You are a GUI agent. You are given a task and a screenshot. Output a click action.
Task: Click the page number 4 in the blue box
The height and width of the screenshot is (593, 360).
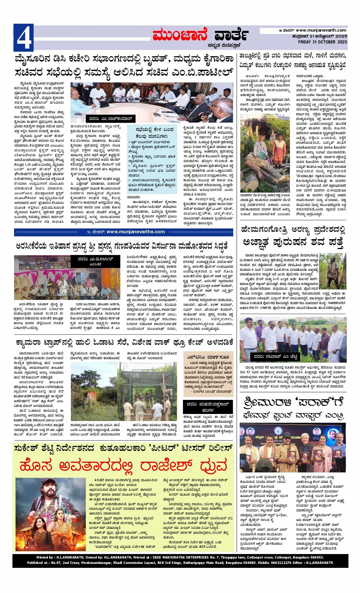click(x=24, y=38)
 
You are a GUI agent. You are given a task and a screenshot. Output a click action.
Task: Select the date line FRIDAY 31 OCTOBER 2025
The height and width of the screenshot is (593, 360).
click(x=322, y=42)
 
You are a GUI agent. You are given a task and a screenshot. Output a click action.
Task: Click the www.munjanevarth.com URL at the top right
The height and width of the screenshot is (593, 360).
click(x=321, y=30)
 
